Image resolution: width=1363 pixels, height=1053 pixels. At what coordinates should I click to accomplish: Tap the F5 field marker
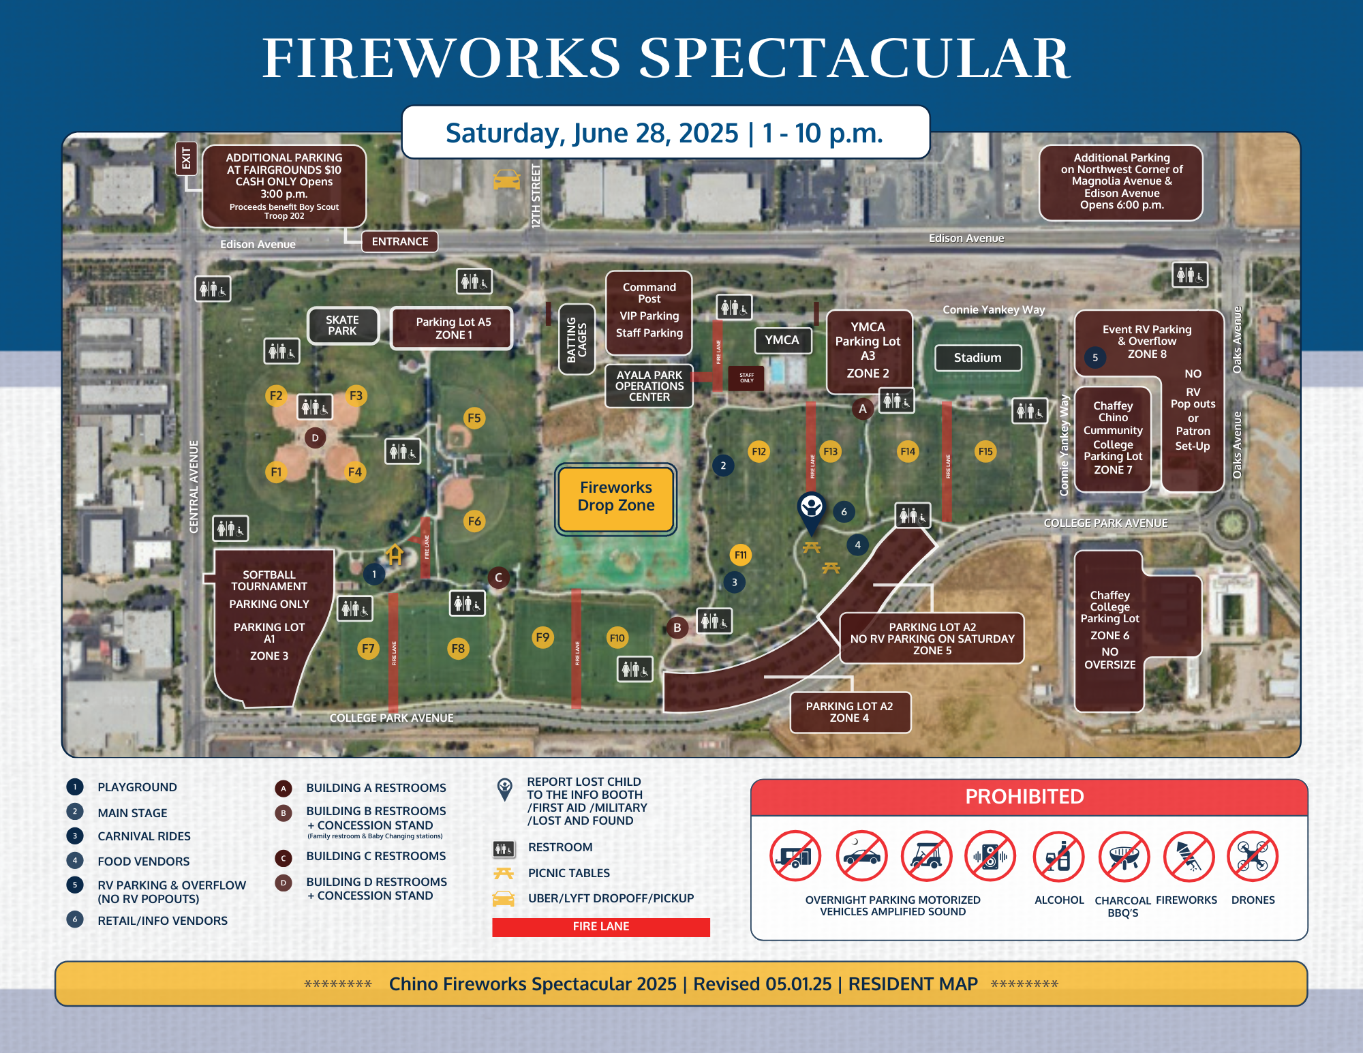click(x=474, y=418)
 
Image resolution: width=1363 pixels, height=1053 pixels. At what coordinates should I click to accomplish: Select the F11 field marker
click(x=741, y=555)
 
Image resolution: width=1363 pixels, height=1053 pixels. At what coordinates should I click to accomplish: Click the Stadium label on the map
click(x=978, y=358)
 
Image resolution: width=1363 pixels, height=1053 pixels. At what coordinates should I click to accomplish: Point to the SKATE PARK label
click(x=342, y=326)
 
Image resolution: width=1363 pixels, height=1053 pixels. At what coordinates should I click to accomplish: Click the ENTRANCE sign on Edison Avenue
click(x=400, y=241)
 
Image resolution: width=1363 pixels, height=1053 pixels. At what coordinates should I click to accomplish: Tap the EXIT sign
click(x=186, y=158)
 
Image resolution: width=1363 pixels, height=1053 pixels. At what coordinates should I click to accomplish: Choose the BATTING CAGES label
click(x=577, y=339)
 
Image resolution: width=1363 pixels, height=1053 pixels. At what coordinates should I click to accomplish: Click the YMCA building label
click(x=782, y=340)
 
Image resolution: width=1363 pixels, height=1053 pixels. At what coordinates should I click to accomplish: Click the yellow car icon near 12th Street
click(x=506, y=179)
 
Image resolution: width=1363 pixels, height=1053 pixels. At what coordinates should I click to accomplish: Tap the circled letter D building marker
click(x=315, y=438)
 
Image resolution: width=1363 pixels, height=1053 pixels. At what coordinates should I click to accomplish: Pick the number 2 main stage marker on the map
click(x=723, y=466)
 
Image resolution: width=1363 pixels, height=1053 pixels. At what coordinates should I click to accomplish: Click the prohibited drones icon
click(x=1253, y=856)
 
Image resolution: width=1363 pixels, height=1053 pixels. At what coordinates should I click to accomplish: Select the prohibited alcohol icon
click(x=1058, y=856)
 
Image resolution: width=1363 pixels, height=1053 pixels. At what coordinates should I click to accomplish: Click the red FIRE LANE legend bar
click(x=600, y=927)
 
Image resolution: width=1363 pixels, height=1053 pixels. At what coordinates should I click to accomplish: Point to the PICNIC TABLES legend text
click(x=569, y=873)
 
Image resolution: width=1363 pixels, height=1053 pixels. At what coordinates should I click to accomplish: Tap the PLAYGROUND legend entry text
click(x=137, y=787)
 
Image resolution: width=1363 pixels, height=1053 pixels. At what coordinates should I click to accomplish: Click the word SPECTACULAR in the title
click(x=853, y=59)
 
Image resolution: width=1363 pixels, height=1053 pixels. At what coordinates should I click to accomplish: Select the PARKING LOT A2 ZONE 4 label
click(x=850, y=712)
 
